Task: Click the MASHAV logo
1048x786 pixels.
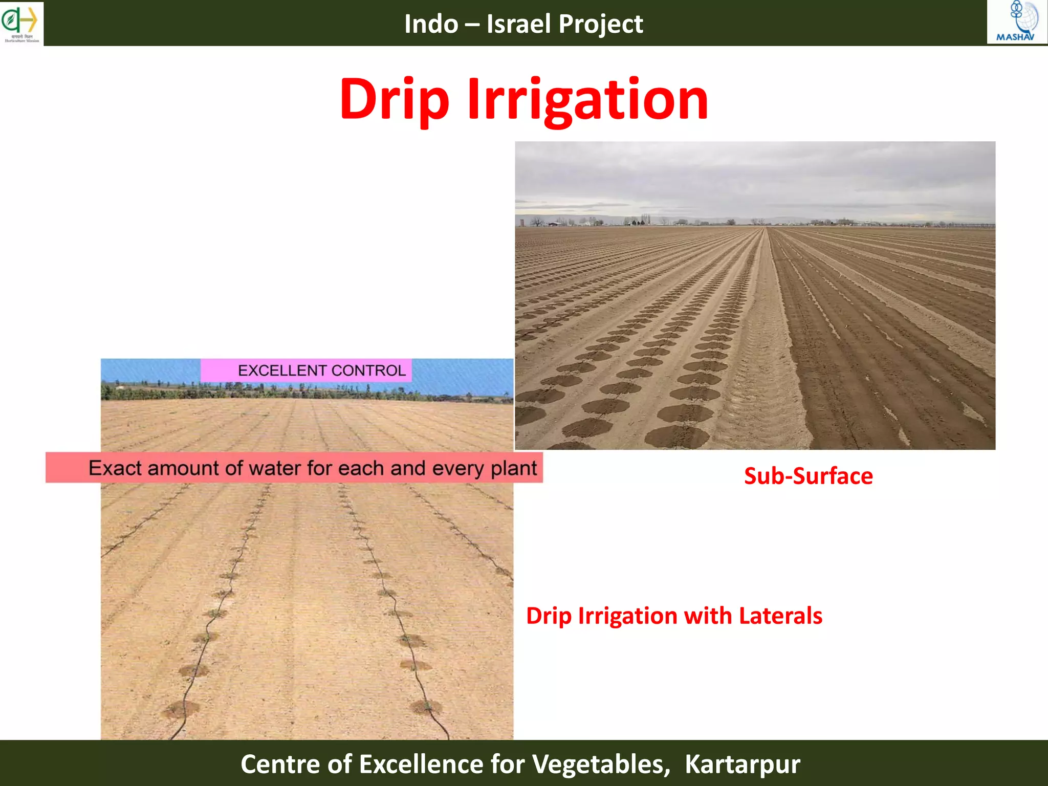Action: (1016, 22)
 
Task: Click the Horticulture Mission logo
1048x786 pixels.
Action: (21, 23)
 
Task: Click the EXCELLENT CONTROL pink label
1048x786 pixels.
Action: (306, 370)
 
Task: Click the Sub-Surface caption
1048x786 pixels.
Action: (808, 476)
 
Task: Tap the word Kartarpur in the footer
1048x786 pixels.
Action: (742, 764)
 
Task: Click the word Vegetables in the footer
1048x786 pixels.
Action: (601, 764)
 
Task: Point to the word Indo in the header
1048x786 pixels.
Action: (431, 24)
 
